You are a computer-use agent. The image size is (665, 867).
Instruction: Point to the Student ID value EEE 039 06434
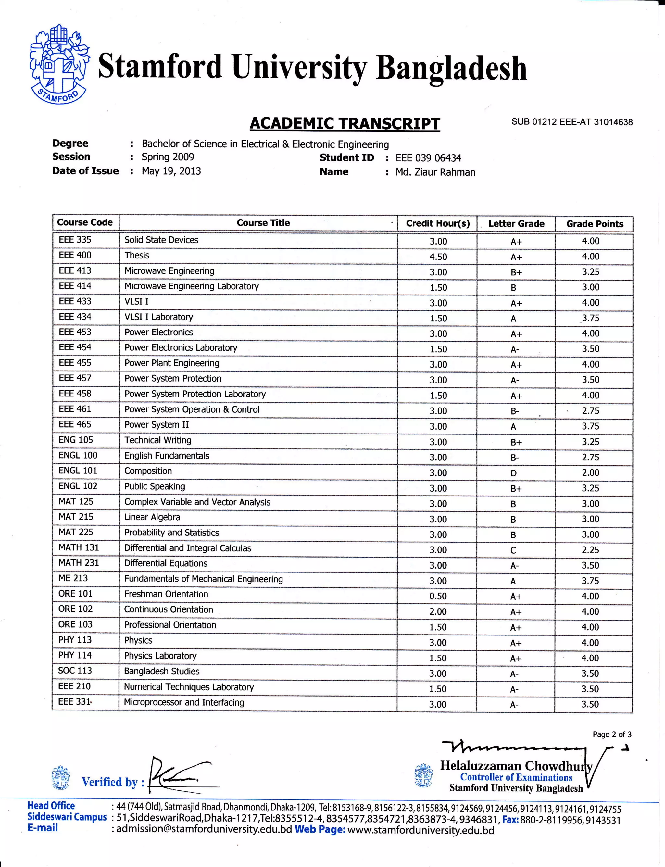tap(428, 158)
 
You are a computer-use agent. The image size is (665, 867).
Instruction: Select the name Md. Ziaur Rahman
tap(435, 172)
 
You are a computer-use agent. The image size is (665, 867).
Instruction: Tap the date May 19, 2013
tap(171, 171)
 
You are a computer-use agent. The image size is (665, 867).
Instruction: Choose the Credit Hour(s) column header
tap(437, 223)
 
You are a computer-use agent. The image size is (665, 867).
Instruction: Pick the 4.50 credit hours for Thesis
tap(438, 257)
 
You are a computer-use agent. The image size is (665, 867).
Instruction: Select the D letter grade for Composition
tap(513, 473)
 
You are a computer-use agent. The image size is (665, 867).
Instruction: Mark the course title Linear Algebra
tap(152, 517)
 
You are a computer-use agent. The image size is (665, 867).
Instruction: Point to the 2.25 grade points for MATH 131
tap(590, 550)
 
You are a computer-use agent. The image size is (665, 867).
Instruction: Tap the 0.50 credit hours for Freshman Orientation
tap(438, 596)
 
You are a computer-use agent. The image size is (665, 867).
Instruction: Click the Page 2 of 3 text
tap(611, 735)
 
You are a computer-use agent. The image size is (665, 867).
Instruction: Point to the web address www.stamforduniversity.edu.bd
tap(420, 830)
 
